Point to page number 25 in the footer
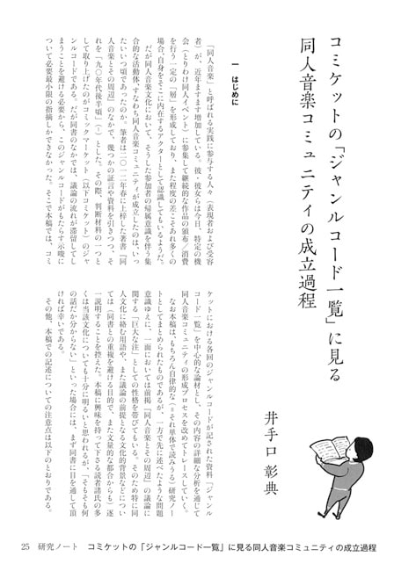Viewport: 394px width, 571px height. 26,546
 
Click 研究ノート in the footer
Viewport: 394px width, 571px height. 63,546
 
